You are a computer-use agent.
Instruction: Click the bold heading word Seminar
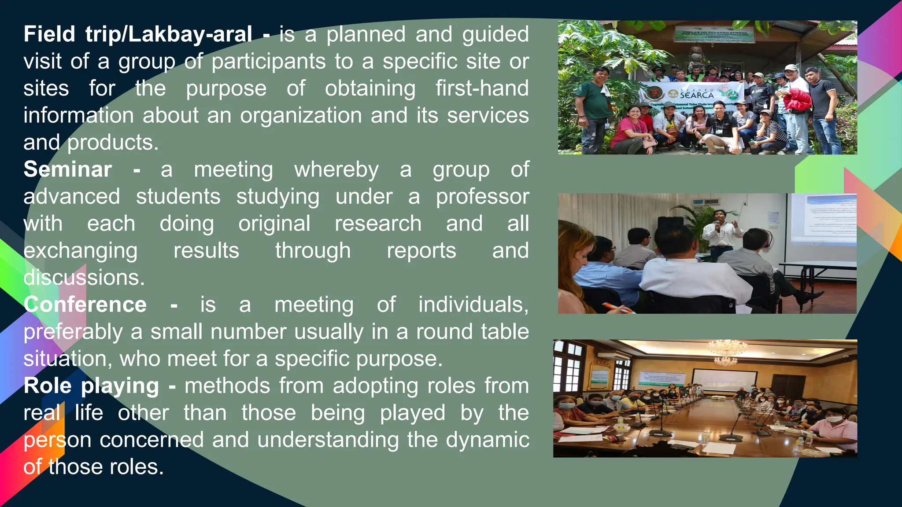(67, 170)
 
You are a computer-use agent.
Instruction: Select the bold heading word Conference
(85, 305)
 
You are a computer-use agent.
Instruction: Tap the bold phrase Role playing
(91, 386)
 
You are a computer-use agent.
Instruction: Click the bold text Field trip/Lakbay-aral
(138, 34)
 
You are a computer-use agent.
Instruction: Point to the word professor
(482, 197)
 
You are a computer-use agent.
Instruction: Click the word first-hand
(482, 88)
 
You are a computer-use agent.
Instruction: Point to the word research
(378, 224)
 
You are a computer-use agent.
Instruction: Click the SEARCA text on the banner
(697, 95)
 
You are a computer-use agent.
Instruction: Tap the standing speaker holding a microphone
(719, 231)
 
